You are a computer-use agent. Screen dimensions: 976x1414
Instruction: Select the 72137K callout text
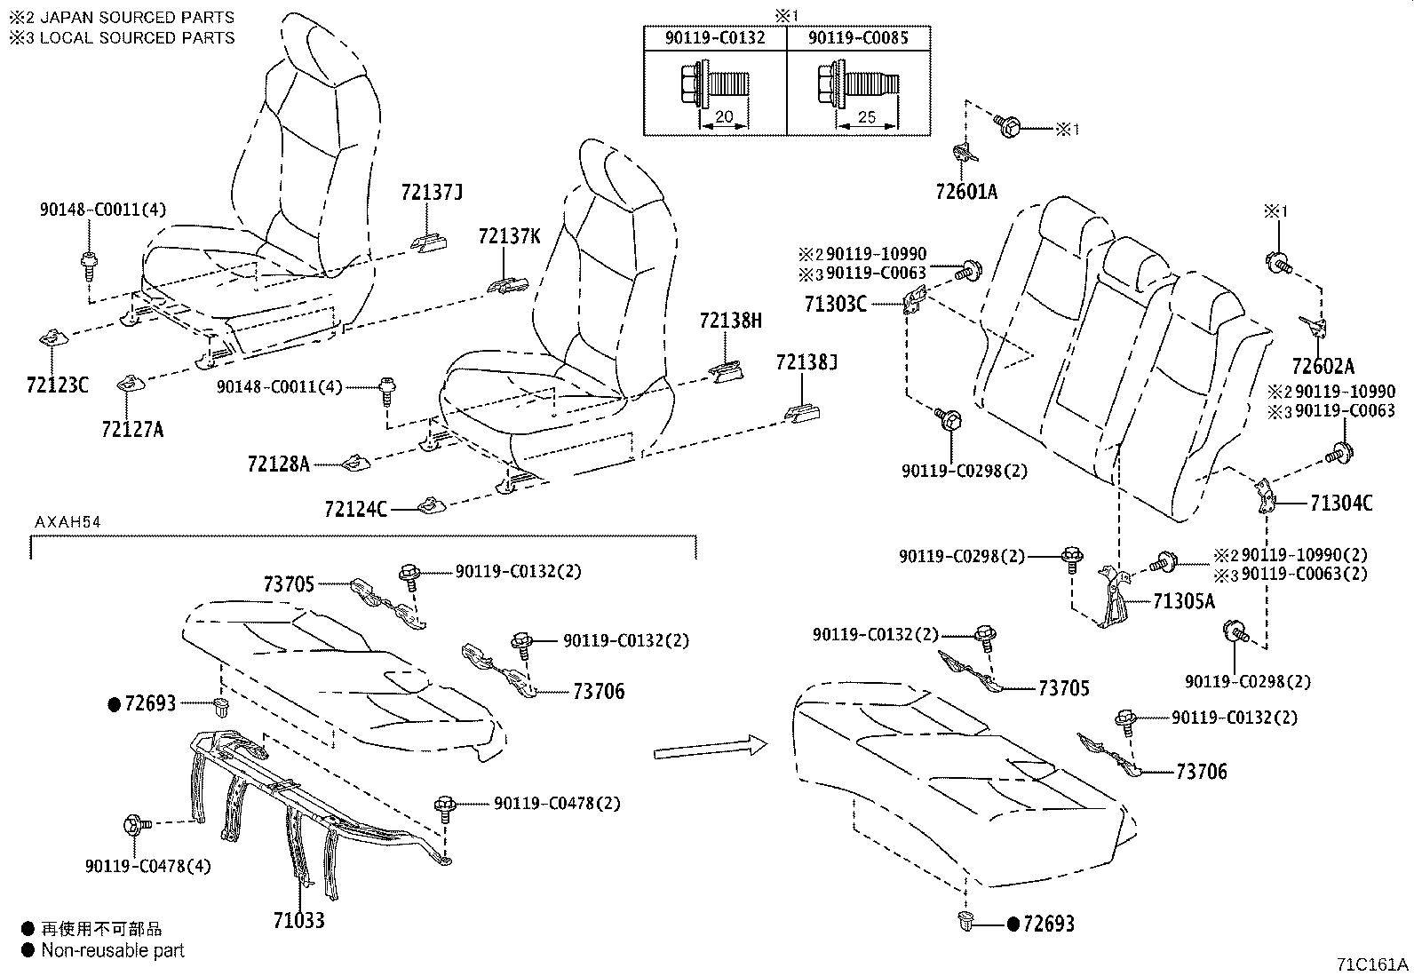[509, 235]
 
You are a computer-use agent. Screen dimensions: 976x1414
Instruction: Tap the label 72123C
[58, 385]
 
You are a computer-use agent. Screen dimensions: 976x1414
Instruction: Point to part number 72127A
[132, 429]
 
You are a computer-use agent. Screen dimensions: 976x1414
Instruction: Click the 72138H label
[730, 321]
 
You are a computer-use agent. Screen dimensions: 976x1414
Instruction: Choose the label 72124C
[356, 509]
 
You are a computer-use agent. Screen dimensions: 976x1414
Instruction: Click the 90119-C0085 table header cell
[859, 38]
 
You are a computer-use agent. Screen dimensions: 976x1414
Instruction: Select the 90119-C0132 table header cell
[715, 38]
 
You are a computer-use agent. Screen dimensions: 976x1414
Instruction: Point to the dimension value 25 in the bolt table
[866, 116]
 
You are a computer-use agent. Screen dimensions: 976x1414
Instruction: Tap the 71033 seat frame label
[298, 919]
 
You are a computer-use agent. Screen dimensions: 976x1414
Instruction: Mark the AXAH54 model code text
[68, 522]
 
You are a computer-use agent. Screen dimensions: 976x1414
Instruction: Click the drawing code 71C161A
[1372, 964]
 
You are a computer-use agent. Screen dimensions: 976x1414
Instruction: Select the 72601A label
[966, 191]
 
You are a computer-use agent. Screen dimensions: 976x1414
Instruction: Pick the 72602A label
[1323, 366]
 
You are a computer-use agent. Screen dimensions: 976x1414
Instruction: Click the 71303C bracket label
[835, 304]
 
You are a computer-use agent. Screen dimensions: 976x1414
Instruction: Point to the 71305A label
[1183, 601]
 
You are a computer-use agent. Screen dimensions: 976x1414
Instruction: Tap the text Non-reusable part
[113, 950]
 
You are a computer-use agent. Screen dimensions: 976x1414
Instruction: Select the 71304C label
[1341, 504]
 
